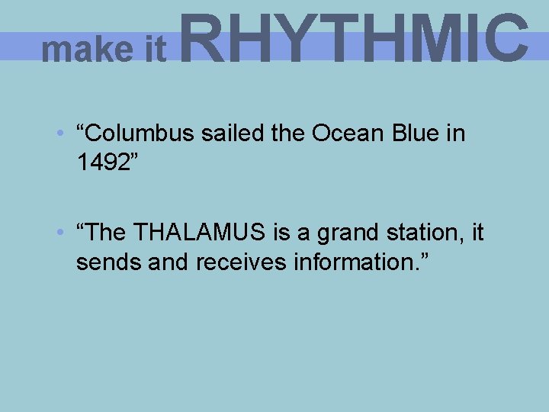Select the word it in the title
click(x=152, y=49)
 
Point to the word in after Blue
click(x=456, y=134)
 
